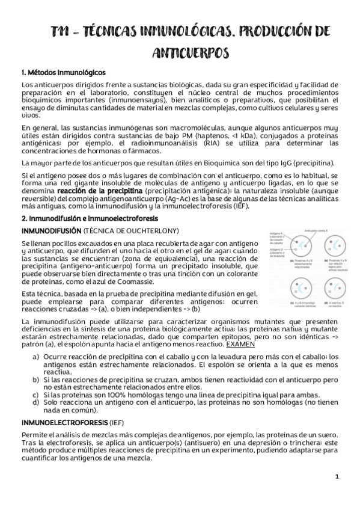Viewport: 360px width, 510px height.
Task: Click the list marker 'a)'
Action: [x=36, y=357]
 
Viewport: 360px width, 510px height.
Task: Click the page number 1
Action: [x=337, y=476]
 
